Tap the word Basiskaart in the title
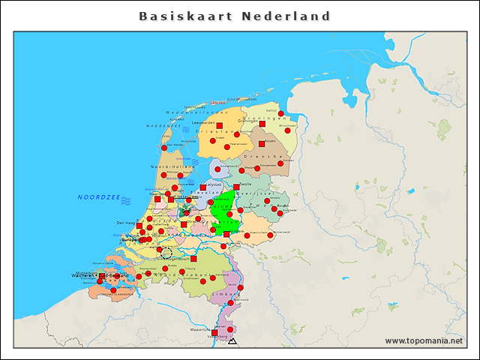[x=184, y=16]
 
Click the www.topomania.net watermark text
[x=424, y=341]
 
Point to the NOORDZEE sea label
[x=99, y=197]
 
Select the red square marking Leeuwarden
[x=219, y=126]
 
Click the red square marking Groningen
[x=262, y=123]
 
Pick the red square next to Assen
[x=262, y=144]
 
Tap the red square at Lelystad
[x=202, y=187]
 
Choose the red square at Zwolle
[x=236, y=187]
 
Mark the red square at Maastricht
[x=214, y=332]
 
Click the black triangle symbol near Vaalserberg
[x=232, y=341]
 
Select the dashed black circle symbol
[x=166, y=253]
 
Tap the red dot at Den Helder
[x=164, y=148]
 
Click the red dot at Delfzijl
[x=281, y=114]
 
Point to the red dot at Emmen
[x=281, y=163]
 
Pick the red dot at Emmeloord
[x=217, y=169]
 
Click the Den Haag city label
[x=125, y=223]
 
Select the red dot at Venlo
[x=240, y=287]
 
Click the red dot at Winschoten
[x=287, y=130]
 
